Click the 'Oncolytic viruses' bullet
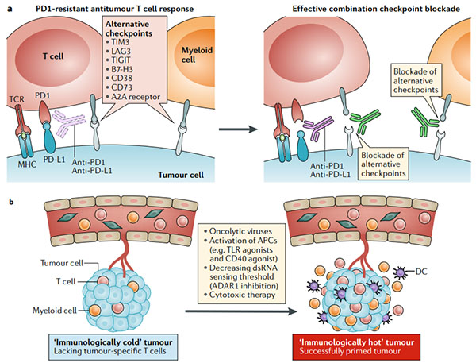[x=237, y=230]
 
